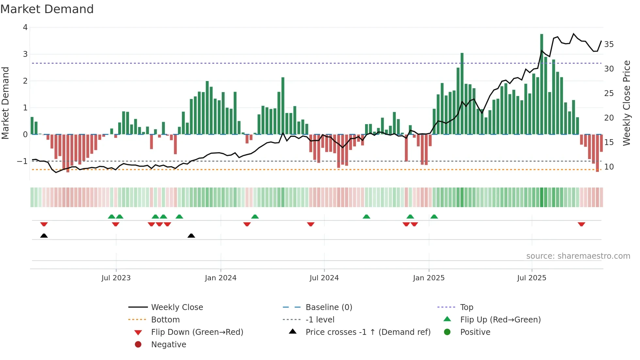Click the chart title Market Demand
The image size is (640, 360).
pos(47,9)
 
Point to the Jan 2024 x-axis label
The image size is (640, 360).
pos(220,278)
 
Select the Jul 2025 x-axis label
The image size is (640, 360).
pos(531,278)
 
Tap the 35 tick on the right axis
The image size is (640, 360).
pos(609,44)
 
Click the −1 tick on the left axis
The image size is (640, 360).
pos(22,161)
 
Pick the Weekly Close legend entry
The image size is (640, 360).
pos(177,307)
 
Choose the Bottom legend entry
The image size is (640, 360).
pos(165,320)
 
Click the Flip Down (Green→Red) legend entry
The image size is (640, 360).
pos(197,332)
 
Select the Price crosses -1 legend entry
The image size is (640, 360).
pos(368,332)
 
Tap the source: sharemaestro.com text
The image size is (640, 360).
pos(578,256)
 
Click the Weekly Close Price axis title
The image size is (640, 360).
pos(626,103)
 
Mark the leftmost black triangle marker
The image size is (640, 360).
pos(44,236)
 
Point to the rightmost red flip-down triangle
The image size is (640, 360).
pos(581,224)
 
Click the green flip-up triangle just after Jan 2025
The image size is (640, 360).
pos(434,217)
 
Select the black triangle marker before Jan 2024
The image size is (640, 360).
pos(191,236)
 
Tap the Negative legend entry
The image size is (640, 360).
pos(168,345)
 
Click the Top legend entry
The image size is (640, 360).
pos(466,307)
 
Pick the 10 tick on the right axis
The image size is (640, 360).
pos(609,167)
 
